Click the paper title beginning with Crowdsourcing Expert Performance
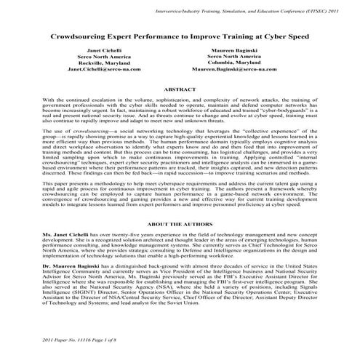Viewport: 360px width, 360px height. click(180, 34)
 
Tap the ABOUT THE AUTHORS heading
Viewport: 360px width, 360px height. click(181, 225)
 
